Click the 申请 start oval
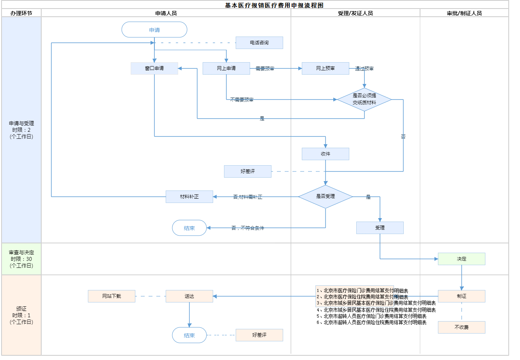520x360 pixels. pos(154,30)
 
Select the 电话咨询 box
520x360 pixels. pos(259,43)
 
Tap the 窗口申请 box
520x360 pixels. pos(154,68)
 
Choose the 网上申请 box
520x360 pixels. pos(226,68)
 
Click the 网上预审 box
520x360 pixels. pos(326,68)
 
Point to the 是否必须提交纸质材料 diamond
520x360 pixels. pos(364,100)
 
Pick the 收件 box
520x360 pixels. pos(326,154)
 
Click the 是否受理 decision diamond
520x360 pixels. pos(326,197)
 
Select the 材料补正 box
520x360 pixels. pos(189,197)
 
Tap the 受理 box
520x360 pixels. pos(380,228)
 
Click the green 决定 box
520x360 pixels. pos(462,259)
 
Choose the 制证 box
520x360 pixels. pos(462,296)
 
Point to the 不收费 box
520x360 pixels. pos(462,327)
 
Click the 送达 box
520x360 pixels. pos(189,296)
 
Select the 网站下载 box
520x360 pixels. pos(112,296)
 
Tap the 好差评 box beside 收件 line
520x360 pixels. pos(248,171)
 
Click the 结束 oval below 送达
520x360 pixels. pos(189,335)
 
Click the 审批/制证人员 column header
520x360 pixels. pos(464,13)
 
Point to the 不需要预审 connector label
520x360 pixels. pos(242,100)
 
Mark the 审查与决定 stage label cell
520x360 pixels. pos(21,259)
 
